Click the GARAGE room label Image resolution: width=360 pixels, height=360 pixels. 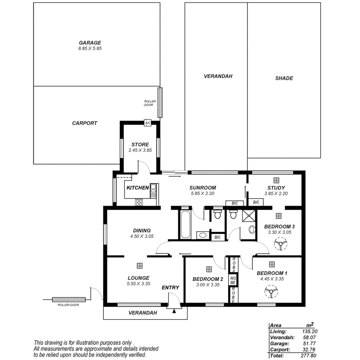click(90, 42)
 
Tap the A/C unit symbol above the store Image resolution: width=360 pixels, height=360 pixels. click(147, 123)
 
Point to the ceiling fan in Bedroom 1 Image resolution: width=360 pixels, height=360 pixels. click(272, 292)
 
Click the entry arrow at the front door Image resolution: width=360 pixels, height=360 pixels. click(174, 310)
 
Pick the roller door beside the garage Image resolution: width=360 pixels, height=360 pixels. click(160, 102)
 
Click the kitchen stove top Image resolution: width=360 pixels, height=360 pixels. click(139, 202)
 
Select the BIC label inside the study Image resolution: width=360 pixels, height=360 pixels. click(256, 202)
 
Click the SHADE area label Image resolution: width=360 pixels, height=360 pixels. click(284, 78)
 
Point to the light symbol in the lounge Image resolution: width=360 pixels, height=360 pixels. click(139, 266)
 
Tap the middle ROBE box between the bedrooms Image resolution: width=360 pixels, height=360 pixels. click(233, 280)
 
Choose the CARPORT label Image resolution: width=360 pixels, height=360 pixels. click(85, 123)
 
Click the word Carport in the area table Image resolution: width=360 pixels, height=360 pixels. click(279, 350)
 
